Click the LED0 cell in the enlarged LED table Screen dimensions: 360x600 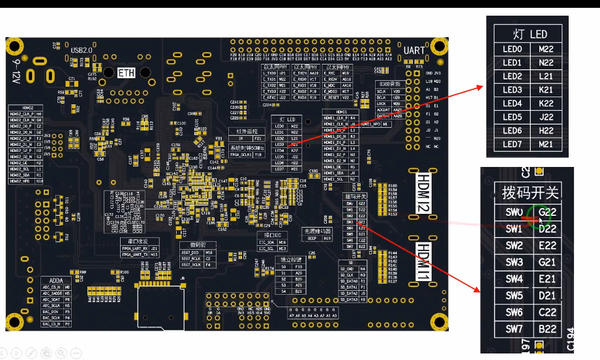[513, 49]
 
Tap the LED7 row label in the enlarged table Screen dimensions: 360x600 [513, 144]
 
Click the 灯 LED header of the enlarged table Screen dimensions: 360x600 [529, 34]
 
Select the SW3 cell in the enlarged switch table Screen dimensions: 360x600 [514, 262]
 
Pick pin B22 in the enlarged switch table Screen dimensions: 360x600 [547, 329]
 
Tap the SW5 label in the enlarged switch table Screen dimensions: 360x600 [514, 295]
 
